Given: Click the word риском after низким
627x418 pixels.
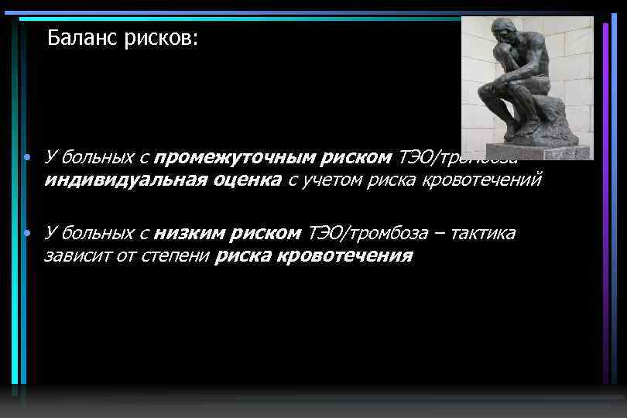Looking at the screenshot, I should pyautogui.click(x=264, y=233).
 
